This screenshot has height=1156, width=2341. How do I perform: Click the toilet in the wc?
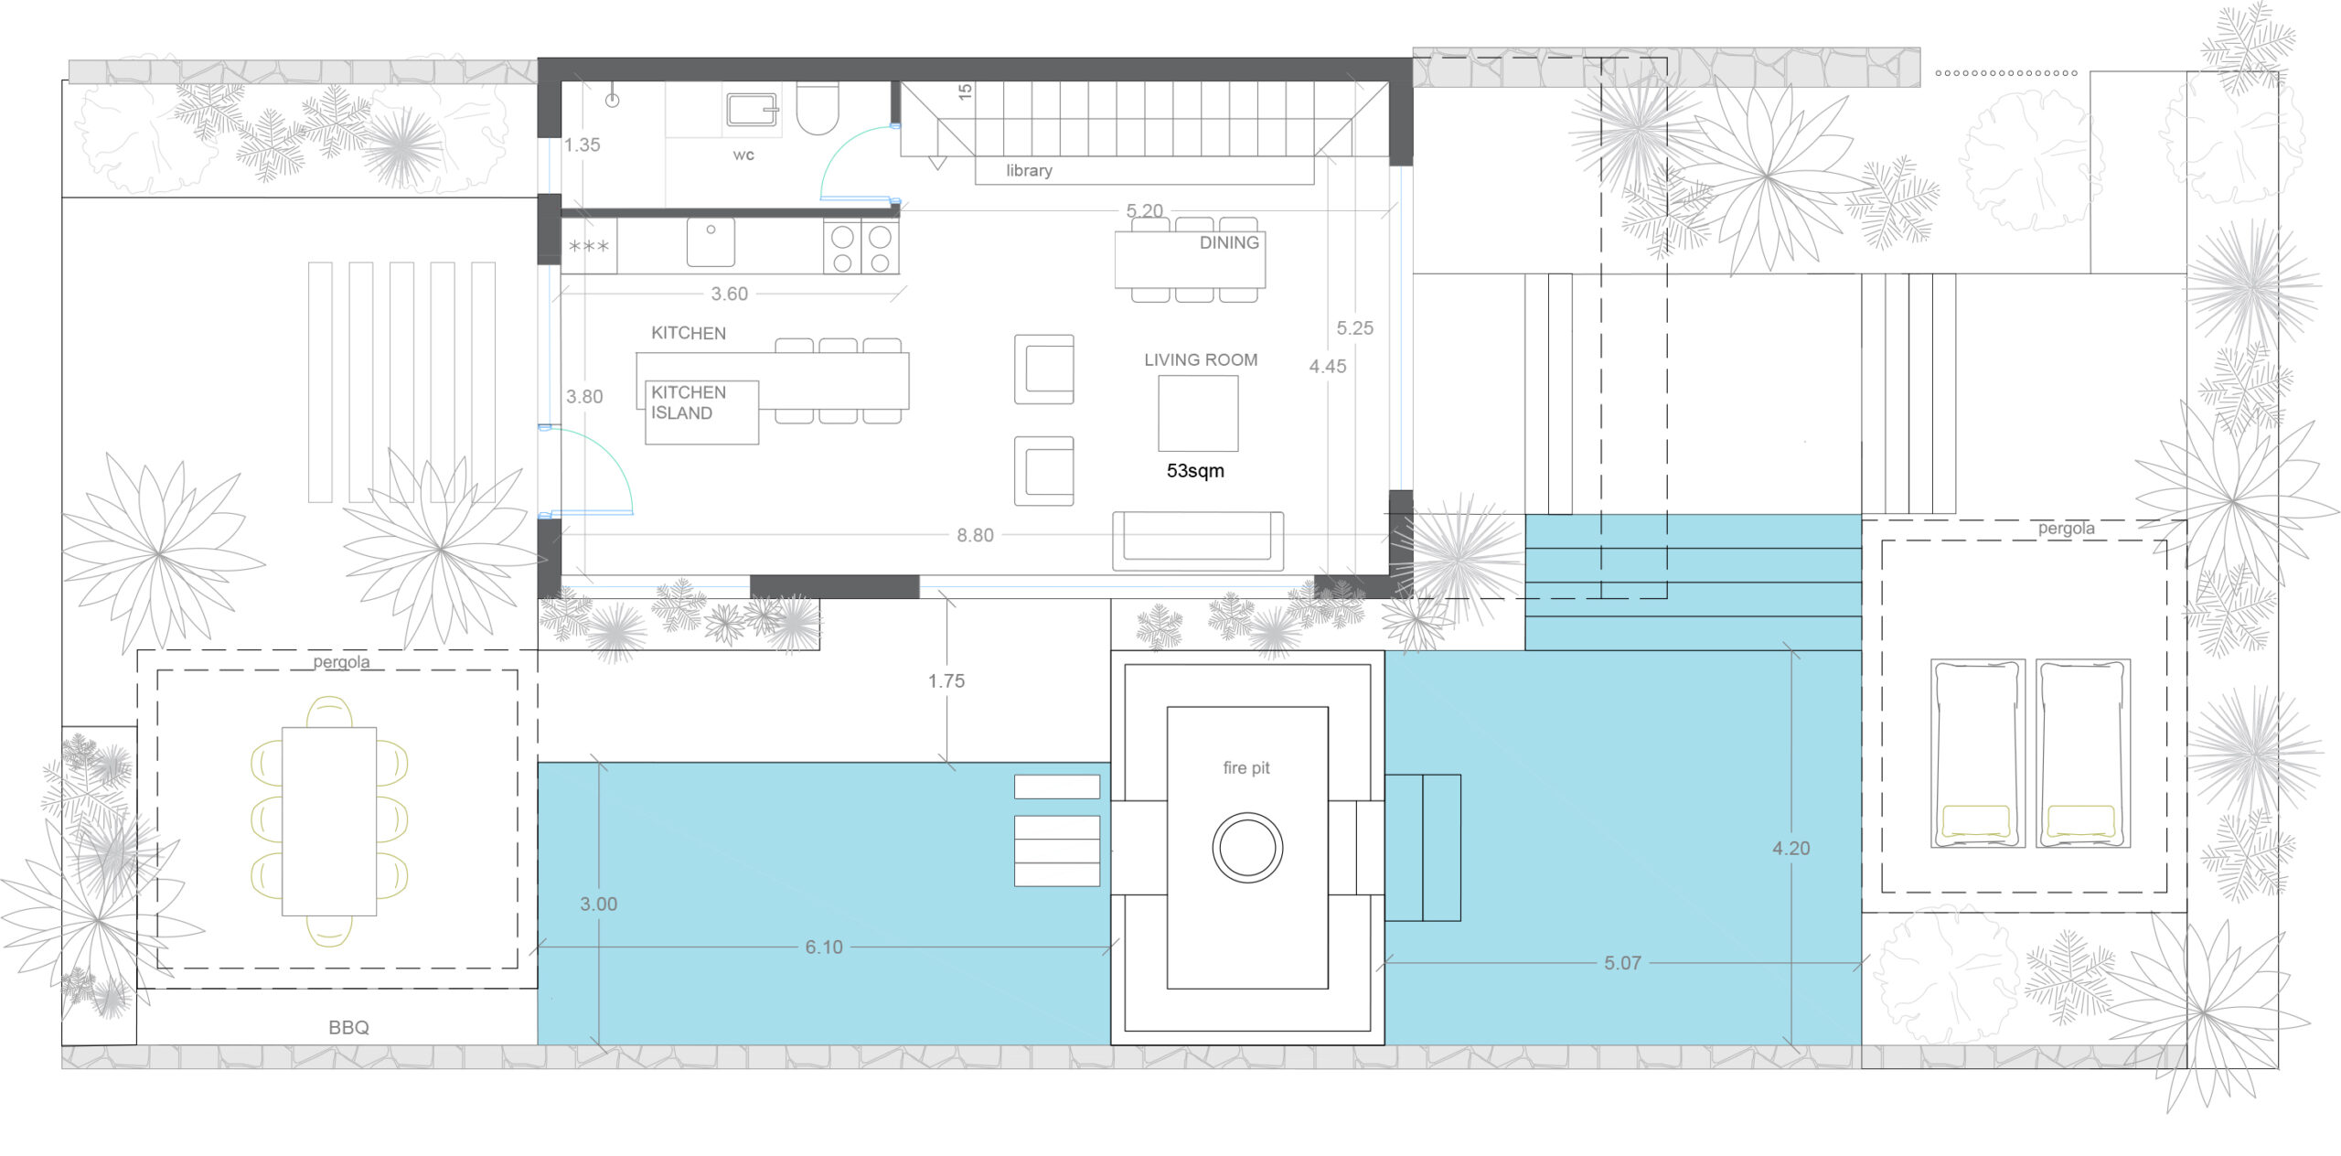(x=817, y=108)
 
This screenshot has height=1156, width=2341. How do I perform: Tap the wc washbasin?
(x=752, y=109)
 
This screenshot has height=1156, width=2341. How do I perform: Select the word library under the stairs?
(x=1029, y=170)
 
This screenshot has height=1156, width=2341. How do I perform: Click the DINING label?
(x=1229, y=242)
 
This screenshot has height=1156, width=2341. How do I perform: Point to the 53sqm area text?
(x=1195, y=470)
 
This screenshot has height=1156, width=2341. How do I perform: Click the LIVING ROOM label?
(x=1201, y=359)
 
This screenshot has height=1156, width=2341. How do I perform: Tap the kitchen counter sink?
(x=711, y=242)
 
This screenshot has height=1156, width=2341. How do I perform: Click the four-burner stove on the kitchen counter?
(x=861, y=247)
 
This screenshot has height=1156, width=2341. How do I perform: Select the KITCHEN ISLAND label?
(x=689, y=402)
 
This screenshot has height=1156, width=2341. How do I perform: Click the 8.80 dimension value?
(x=975, y=535)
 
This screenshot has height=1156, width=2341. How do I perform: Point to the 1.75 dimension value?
(x=946, y=680)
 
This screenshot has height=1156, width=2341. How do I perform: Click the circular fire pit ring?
(x=1247, y=847)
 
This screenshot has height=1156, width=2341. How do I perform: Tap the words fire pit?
(x=1246, y=767)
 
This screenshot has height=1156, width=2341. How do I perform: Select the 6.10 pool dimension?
(x=824, y=947)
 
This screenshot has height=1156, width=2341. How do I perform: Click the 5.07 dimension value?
(x=1622, y=962)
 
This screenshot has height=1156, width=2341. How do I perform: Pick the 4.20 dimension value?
(x=1790, y=848)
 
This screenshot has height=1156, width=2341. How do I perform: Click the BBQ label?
(x=348, y=1027)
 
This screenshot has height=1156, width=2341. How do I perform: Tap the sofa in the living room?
(x=1198, y=541)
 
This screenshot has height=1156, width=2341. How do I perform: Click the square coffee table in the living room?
(x=1198, y=413)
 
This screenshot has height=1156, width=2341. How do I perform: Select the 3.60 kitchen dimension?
(x=730, y=294)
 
